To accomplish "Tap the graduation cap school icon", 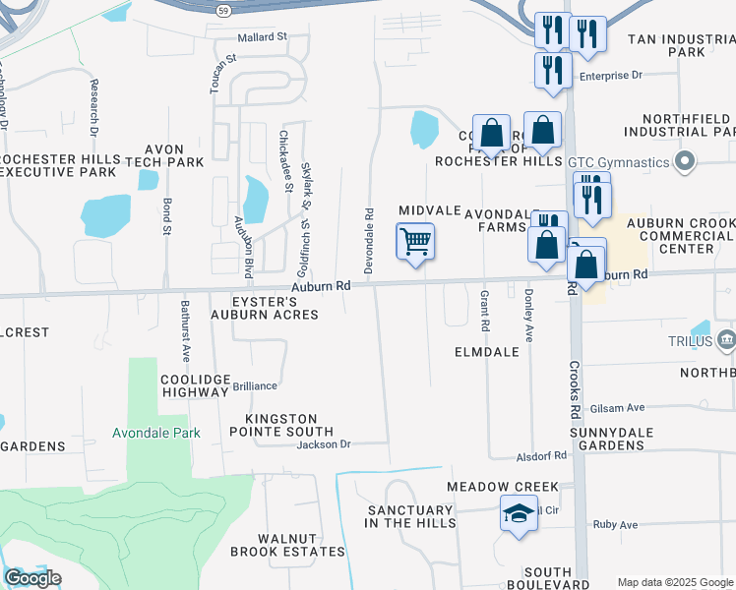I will click(x=519, y=514).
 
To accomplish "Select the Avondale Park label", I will click(x=156, y=433).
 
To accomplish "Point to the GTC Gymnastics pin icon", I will click(x=687, y=160).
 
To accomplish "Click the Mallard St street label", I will click(x=262, y=36).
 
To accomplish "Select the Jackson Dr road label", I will click(x=325, y=444).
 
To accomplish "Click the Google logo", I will click(x=32, y=578).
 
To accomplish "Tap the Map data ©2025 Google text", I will click(x=675, y=582).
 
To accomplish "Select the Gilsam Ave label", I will click(x=617, y=407).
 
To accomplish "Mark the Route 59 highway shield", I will click(x=225, y=8).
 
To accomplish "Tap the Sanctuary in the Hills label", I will click(x=411, y=516).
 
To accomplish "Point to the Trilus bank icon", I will click(x=727, y=339).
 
